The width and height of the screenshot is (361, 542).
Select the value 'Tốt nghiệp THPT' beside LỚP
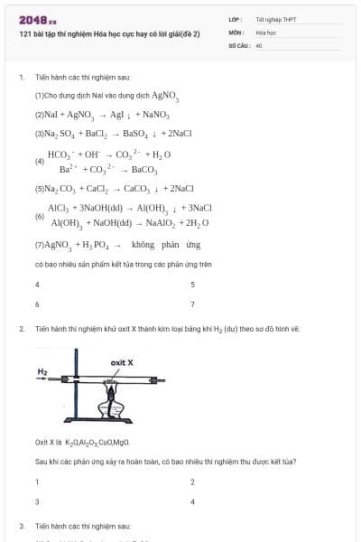[x=275, y=19]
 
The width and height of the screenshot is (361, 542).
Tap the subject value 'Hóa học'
[x=265, y=32]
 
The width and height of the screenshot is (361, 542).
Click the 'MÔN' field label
[x=236, y=32]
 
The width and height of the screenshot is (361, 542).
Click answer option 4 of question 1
[x=37, y=284]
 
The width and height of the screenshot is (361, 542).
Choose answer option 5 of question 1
[x=192, y=284]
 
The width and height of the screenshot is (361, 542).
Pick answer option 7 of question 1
[x=192, y=304]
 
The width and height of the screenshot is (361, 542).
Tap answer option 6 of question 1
[x=37, y=304]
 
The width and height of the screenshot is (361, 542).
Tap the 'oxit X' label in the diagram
[x=122, y=361]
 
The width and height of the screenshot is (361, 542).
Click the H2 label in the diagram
[x=42, y=371]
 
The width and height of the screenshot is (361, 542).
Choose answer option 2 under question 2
[x=192, y=481]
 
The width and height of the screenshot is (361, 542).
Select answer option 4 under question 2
[x=192, y=501]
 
